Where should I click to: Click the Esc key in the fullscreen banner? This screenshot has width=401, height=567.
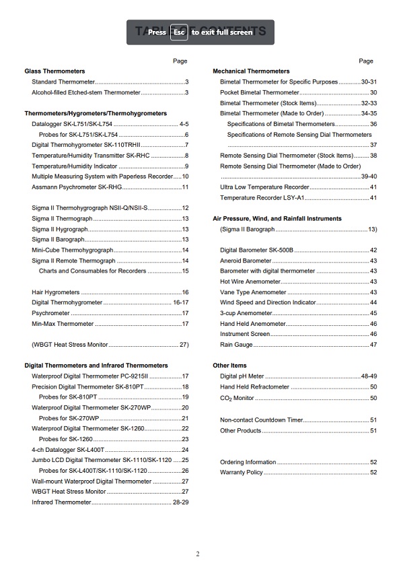point(179,32)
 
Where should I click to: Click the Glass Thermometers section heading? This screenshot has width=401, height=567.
point(54,71)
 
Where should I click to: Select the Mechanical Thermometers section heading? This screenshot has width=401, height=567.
point(251,71)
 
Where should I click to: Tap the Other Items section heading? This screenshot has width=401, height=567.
point(229,366)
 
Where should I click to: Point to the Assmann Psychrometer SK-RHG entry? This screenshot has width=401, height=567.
point(76,187)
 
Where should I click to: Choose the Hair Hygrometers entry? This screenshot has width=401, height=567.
point(56,292)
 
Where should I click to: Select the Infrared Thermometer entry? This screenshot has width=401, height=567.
point(61,502)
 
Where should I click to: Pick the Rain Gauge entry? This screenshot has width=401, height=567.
point(236,345)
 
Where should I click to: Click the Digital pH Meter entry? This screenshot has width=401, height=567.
point(242,376)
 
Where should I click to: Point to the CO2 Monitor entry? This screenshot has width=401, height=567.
point(237,398)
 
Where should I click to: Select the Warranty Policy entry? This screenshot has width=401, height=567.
point(242,473)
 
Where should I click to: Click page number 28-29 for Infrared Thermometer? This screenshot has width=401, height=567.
point(180,502)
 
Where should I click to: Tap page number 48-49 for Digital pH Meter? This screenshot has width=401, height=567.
point(369,376)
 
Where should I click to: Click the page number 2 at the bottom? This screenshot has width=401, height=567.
point(198,554)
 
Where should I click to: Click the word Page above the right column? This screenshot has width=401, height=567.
point(366,61)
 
